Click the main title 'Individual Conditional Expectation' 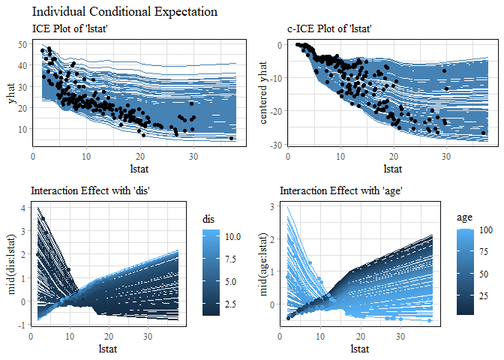[x=125, y=12]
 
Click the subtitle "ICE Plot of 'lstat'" [x=73, y=28]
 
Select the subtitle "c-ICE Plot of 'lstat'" [x=330, y=28]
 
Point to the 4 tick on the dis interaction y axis [x=23, y=208]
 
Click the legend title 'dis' [x=209, y=220]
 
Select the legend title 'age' [x=465, y=217]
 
